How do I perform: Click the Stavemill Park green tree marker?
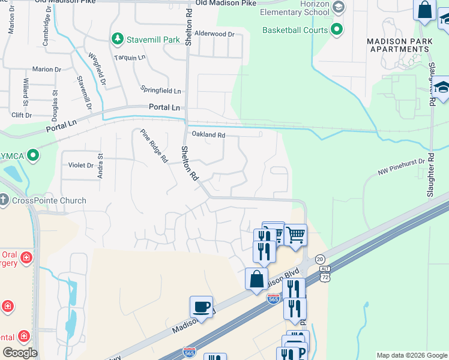click(118, 40)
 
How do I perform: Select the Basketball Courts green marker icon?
click(337, 29)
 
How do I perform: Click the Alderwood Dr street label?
click(214, 34)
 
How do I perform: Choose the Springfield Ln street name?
click(160, 91)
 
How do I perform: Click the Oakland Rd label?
click(208, 135)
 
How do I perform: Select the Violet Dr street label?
click(81, 165)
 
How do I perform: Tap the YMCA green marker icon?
click(33, 157)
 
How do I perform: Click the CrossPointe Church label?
click(48, 200)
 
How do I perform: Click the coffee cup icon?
click(201, 307)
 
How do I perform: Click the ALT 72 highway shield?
click(325, 276)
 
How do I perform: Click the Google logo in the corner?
click(20, 353)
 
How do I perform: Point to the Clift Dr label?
click(21, 115)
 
